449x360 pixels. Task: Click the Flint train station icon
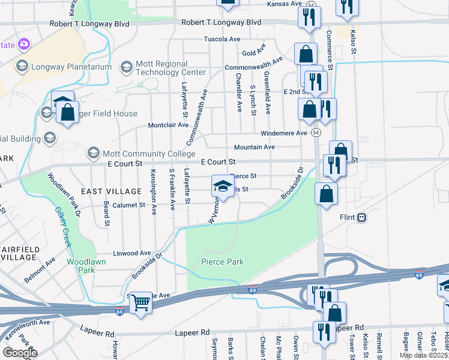[361, 217]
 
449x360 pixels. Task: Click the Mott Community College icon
[93, 153]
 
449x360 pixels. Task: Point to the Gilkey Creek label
[63, 227]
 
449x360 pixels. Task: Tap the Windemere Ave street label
[284, 133]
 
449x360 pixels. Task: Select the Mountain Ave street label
[254, 147]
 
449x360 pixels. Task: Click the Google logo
[20, 353]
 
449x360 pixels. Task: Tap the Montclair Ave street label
[169, 125]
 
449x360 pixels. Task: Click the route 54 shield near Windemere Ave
[316, 131]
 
